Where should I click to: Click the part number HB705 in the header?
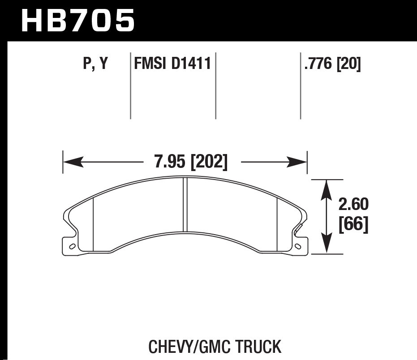[x=77, y=21]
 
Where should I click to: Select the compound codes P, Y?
[x=95, y=64]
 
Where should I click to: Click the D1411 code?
[x=191, y=64]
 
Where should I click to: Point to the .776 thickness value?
[x=318, y=64]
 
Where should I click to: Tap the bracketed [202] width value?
[x=209, y=162]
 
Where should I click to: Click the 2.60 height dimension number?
[x=353, y=205]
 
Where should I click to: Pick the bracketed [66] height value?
[x=353, y=224]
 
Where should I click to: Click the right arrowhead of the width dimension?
[x=297, y=162]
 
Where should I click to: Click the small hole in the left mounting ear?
[x=71, y=246]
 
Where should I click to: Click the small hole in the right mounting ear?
[x=299, y=246]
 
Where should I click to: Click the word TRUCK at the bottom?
[x=260, y=347]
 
